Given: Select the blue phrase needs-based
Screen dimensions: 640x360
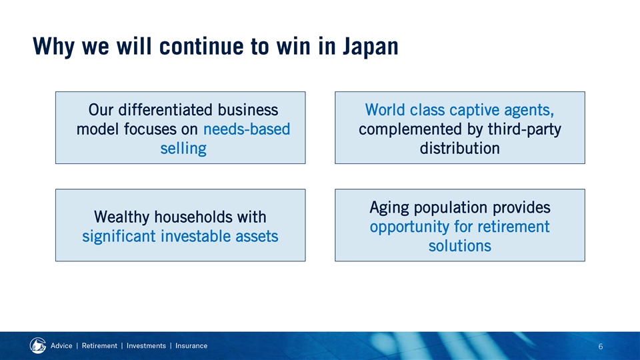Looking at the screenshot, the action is coord(247,129).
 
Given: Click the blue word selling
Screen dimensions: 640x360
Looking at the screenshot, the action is coord(183,149).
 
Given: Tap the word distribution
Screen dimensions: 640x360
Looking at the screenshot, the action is coord(459,148).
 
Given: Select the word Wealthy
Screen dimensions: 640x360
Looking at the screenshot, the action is coord(121,217).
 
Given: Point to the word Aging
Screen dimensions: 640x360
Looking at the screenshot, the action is coord(389,208).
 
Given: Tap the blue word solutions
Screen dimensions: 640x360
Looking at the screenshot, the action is coord(459,246).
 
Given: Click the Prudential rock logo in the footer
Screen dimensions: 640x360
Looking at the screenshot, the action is coord(38,346).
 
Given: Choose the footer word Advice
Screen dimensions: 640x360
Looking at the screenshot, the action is coord(61,346).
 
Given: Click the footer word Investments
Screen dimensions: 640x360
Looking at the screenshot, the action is coord(146,346).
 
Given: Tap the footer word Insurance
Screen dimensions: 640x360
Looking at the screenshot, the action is coord(191,346).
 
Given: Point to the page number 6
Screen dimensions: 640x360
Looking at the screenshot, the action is coord(601,347).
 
